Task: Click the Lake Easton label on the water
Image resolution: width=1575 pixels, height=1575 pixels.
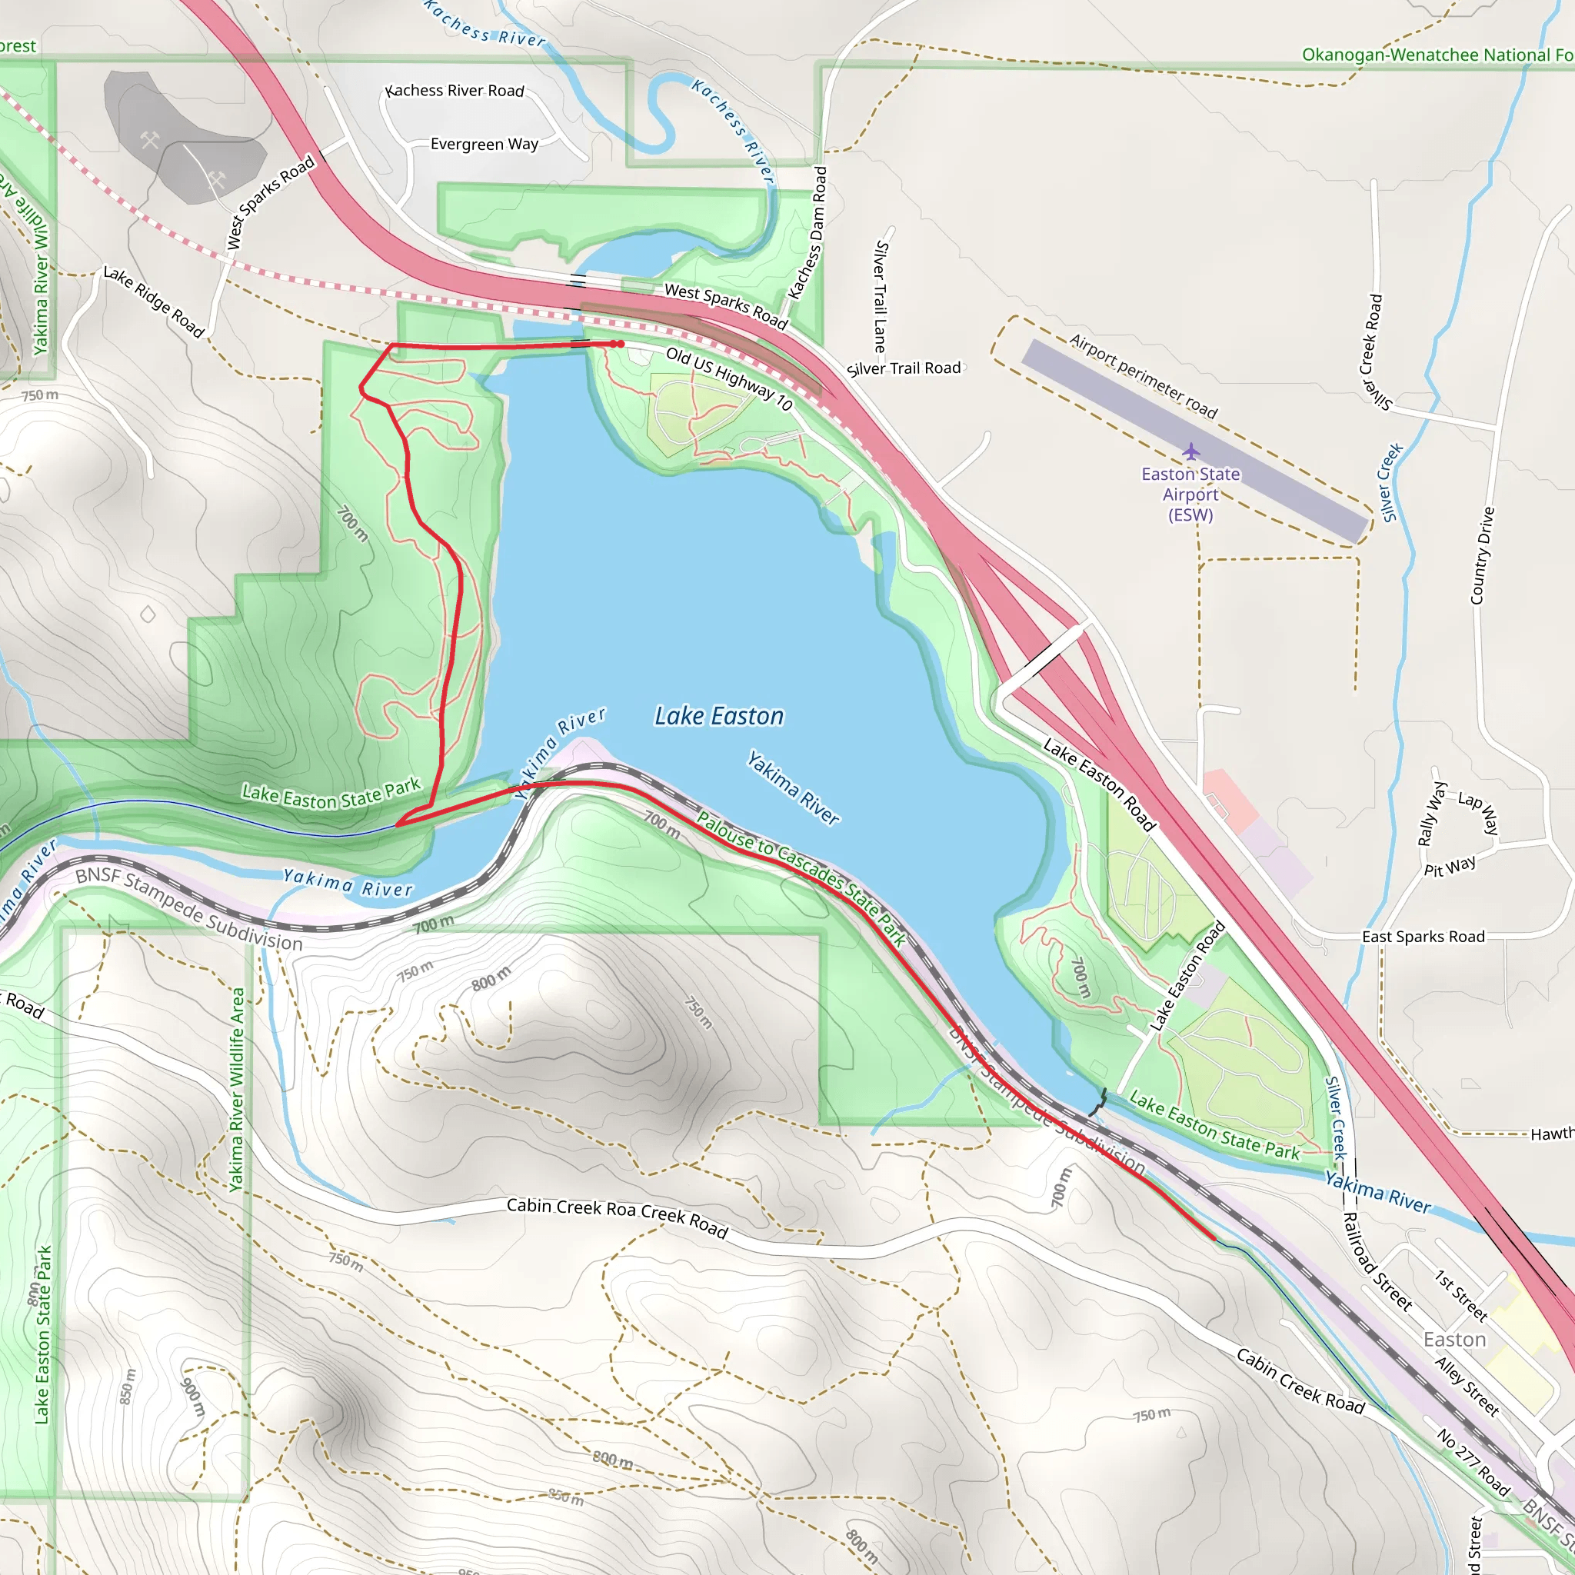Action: [x=719, y=716]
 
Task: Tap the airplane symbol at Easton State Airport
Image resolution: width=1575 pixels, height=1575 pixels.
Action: [x=1191, y=451]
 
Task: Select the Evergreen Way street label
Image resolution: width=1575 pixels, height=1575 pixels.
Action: [x=484, y=145]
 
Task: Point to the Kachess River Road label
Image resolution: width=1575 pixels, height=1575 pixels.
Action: [x=456, y=91]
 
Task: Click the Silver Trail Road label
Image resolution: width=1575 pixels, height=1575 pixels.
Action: [x=904, y=368]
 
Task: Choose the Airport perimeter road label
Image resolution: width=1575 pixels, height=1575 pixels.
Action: [x=1143, y=376]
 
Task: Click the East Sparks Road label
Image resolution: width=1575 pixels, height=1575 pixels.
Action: [x=1423, y=937]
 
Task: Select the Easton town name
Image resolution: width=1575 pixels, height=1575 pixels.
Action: [x=1454, y=1340]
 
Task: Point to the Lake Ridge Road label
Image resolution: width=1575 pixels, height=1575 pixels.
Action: [x=153, y=301]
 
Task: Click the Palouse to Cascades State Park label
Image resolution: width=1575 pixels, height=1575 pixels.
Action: [x=801, y=878]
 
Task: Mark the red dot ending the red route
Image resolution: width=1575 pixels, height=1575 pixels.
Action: [x=621, y=344]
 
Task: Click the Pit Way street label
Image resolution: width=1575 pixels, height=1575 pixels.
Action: [x=1450, y=867]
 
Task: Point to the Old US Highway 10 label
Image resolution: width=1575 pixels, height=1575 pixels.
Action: [x=729, y=378]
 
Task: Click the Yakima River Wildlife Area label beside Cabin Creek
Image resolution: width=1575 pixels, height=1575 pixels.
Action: [x=236, y=1089]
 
